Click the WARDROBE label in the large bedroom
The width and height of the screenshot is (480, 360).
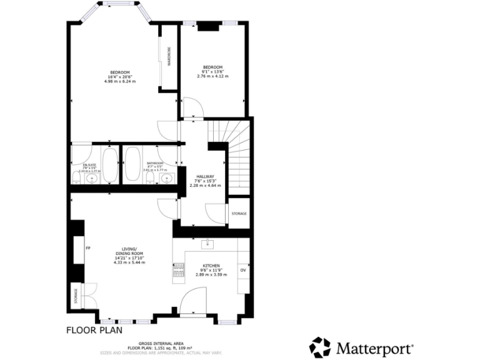point(169,57)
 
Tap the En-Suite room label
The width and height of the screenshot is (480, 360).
point(89,166)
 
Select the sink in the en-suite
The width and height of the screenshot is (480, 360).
point(92,179)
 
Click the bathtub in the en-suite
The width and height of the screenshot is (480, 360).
point(111,165)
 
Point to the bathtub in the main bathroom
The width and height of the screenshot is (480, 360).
point(132,165)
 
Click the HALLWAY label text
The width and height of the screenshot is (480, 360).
point(205,177)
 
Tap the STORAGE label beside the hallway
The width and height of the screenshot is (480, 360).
point(239,214)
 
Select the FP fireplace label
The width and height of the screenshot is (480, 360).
point(88,249)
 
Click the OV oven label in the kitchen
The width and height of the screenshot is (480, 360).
point(243,270)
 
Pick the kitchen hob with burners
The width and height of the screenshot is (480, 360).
point(178,270)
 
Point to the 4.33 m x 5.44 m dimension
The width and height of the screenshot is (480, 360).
point(129,262)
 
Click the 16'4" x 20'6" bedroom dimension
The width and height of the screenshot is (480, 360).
point(120,77)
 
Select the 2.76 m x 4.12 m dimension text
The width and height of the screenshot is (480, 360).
point(212,76)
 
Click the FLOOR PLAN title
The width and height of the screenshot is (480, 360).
point(94,330)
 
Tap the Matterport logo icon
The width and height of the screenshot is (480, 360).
point(320,347)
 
